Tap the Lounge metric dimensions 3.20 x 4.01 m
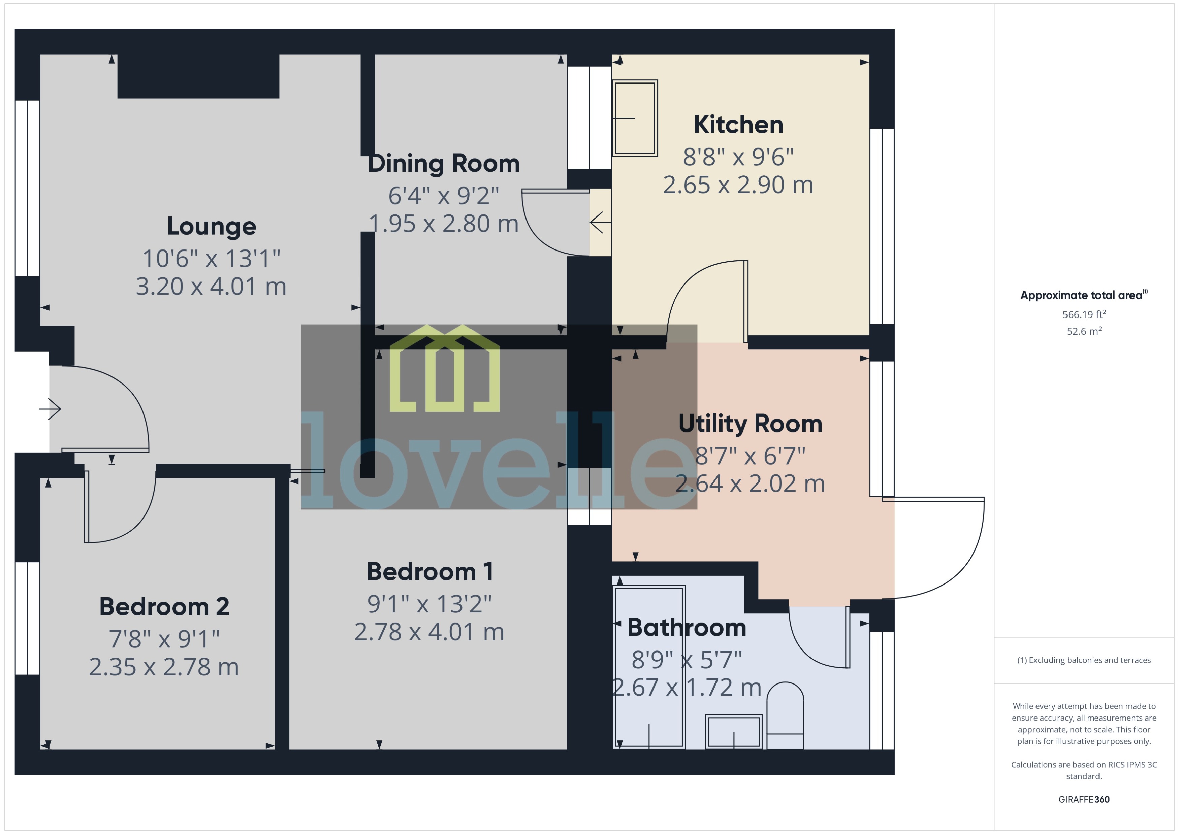pyautogui.click(x=211, y=287)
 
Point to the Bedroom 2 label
pyautogui.click(x=164, y=606)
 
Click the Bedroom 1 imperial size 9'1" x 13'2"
pyautogui.click(x=429, y=604)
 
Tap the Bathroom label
pyautogui.click(x=686, y=628)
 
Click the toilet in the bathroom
pyautogui.click(x=785, y=716)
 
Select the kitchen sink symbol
pyautogui.click(x=635, y=118)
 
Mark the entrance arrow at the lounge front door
pyautogui.click(x=50, y=409)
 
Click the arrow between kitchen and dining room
pyautogui.click(x=600, y=222)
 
